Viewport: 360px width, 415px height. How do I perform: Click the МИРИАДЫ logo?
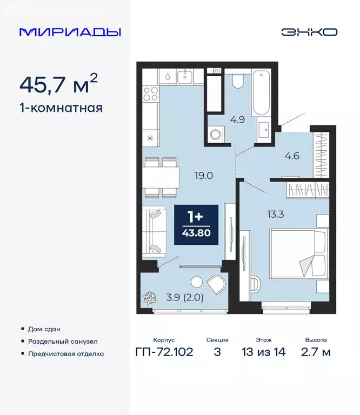coord(70,32)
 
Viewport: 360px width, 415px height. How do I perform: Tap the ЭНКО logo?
coord(309,32)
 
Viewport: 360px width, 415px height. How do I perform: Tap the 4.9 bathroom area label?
coord(238,119)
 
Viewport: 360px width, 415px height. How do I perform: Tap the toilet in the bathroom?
coord(238,81)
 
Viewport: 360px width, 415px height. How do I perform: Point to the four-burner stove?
coord(150,94)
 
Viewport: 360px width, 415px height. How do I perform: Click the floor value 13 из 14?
coord(264,352)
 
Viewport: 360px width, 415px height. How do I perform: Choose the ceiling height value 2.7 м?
coord(315,352)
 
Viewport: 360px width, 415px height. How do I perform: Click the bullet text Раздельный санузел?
coord(64,342)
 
